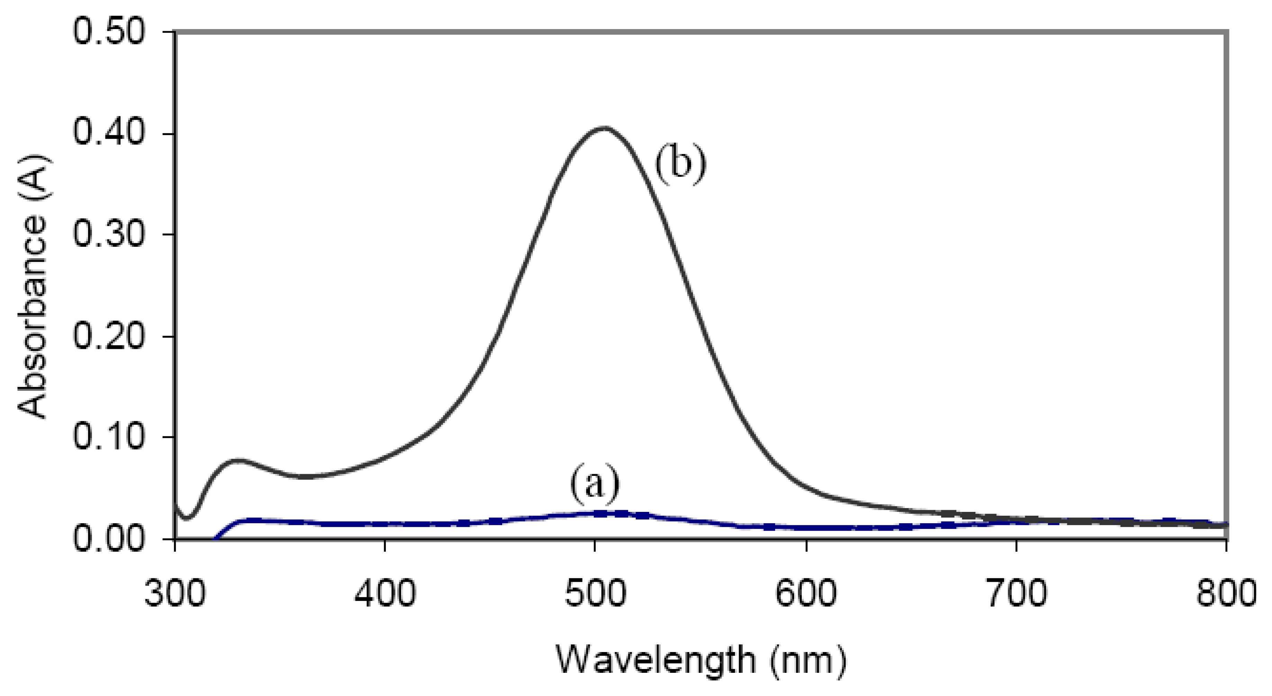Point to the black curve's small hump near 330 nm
pyautogui.click(x=238, y=460)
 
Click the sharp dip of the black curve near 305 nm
pyautogui.click(x=187, y=518)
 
